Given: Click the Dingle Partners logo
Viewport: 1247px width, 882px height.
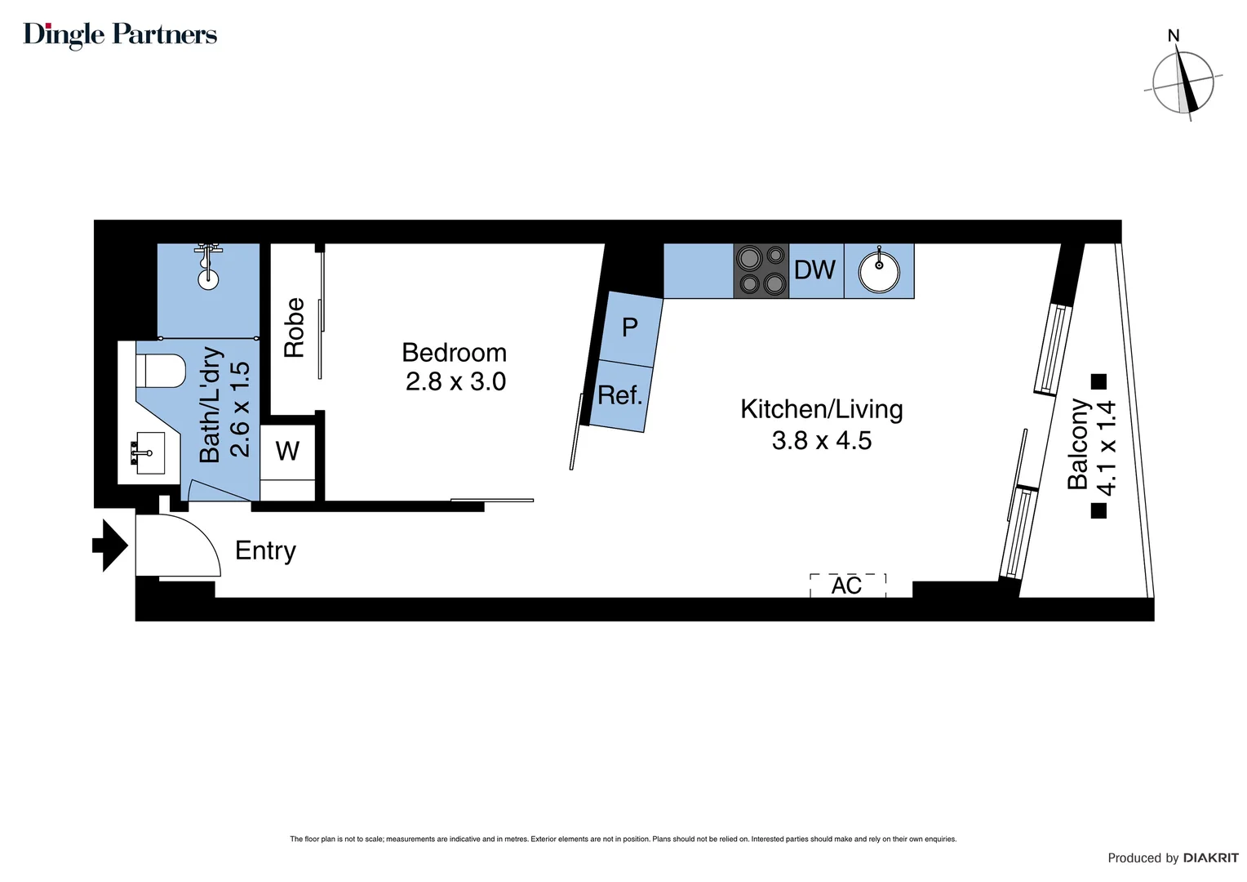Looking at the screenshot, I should coord(120,34).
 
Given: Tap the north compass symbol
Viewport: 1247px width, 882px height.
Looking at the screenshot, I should coord(1183,82).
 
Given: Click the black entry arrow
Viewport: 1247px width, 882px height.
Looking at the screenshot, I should coord(110,545).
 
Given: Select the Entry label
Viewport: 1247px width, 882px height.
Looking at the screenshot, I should coord(265,550).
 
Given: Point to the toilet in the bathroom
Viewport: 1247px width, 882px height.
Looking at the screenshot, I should coord(161,370).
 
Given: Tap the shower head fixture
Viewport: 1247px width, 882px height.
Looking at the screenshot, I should coord(209,265).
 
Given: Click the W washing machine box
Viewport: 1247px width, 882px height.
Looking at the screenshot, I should coord(287,451).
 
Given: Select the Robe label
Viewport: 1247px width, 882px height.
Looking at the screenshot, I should coord(294,327).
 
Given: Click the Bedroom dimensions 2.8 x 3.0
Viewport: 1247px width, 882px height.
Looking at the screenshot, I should coord(455,381).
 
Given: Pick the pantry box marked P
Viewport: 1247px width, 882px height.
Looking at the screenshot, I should coord(629,327).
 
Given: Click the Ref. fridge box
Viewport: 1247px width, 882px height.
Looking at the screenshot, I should coord(620,396).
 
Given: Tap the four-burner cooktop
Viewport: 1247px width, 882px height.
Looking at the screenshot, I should coord(761,270).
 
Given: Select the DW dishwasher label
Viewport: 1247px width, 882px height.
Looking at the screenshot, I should coord(815,270).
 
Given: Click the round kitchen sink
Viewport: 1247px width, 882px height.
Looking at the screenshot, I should coord(879,271).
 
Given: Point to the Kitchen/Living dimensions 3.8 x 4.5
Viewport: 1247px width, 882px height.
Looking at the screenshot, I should coord(822,440).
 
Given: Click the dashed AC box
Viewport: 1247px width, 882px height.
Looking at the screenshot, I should coord(847,585).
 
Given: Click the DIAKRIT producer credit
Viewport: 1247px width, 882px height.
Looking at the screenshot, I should coord(1210,857).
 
